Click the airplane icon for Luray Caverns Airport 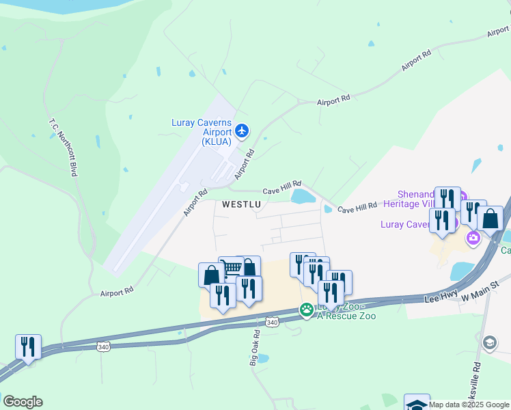[x=241, y=130]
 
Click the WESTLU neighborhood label [x=241, y=204]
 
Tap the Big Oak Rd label [x=255, y=348]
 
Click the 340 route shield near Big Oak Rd [x=273, y=322]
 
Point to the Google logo [x=23, y=402]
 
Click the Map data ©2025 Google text [x=469, y=405]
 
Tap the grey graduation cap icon [x=489, y=342]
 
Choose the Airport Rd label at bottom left [x=116, y=292]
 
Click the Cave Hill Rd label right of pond [x=357, y=208]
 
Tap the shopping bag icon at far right [x=491, y=218]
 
